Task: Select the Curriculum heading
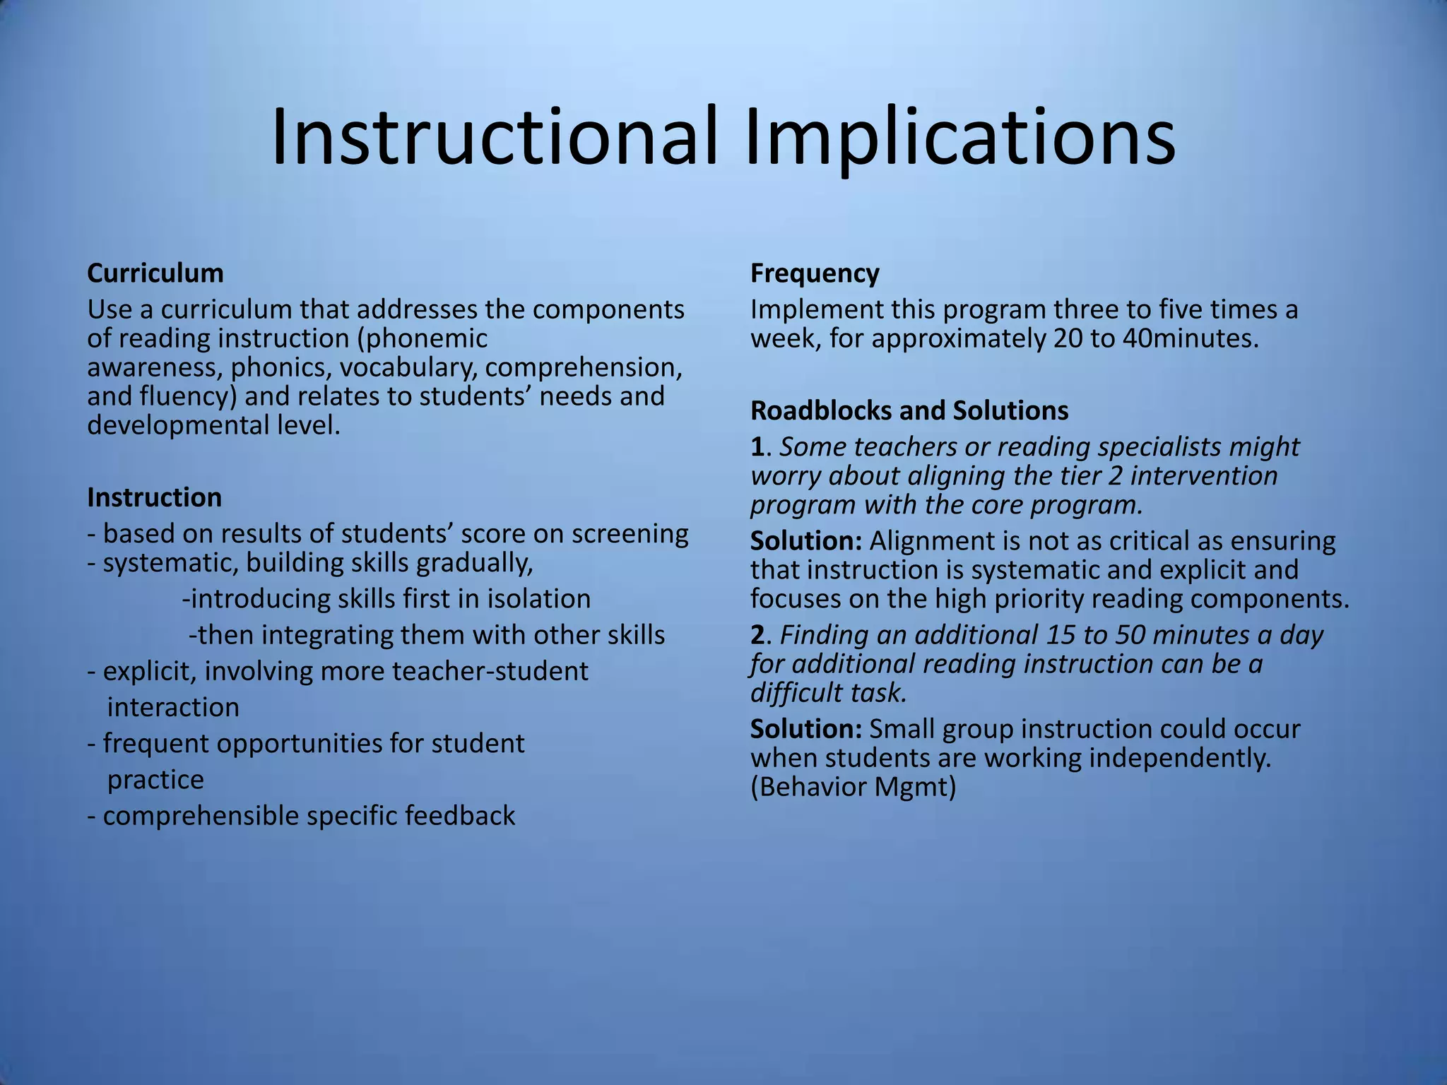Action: (x=155, y=273)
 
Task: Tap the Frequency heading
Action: (x=815, y=273)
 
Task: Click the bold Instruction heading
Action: (x=155, y=497)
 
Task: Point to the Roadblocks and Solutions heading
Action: (x=909, y=410)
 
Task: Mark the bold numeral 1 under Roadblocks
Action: (x=757, y=447)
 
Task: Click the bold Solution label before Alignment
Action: (x=806, y=541)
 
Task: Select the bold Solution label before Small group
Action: (x=806, y=729)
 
